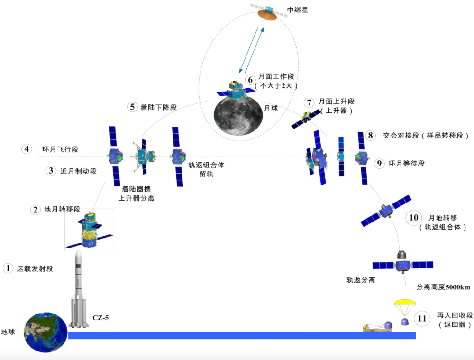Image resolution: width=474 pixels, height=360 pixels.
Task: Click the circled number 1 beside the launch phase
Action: (8, 268)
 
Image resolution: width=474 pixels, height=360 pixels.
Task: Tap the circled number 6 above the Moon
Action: (249, 80)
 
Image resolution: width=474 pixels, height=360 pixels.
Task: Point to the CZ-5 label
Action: (101, 316)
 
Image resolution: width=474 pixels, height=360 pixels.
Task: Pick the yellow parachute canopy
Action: (405, 303)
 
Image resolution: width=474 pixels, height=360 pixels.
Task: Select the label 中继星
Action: (298, 9)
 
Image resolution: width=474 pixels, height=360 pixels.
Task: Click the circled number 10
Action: (414, 218)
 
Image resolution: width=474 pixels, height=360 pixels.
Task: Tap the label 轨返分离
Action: (361, 280)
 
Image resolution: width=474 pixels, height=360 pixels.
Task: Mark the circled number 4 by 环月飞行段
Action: (27, 149)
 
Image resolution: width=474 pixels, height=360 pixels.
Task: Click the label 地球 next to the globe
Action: (9, 332)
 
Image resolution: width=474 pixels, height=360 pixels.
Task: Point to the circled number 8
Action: (371, 136)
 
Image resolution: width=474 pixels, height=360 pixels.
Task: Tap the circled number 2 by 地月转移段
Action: (36, 209)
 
